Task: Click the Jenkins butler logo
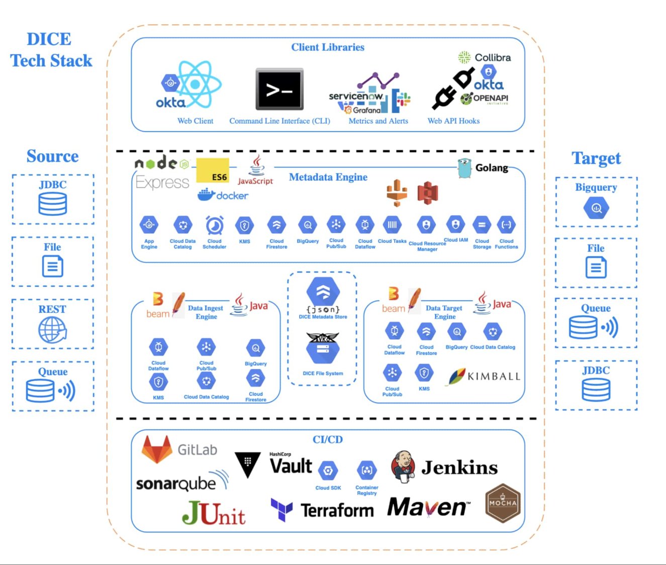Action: point(403,467)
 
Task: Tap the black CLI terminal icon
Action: point(279,90)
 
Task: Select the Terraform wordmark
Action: point(337,510)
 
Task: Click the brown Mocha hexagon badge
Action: point(503,503)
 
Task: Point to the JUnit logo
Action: point(214,514)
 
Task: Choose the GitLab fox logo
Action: point(157,449)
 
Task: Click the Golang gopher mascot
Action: point(464,168)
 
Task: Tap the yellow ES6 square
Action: point(213,171)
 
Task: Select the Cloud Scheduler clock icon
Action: point(215,226)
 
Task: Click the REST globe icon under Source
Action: point(52,331)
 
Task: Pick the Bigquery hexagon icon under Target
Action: point(596,208)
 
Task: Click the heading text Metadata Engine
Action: point(328,177)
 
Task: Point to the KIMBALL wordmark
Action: point(494,376)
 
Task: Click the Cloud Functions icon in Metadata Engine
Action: point(506,225)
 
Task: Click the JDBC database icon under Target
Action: point(596,389)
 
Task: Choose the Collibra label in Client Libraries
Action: point(493,58)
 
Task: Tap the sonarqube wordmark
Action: point(176,484)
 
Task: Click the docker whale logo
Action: point(207,195)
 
